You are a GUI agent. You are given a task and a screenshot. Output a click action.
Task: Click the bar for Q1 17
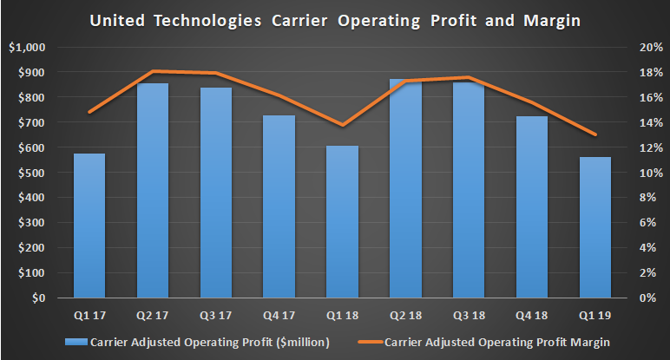click(x=89, y=226)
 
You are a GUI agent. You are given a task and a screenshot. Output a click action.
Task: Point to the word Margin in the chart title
click(x=555, y=19)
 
